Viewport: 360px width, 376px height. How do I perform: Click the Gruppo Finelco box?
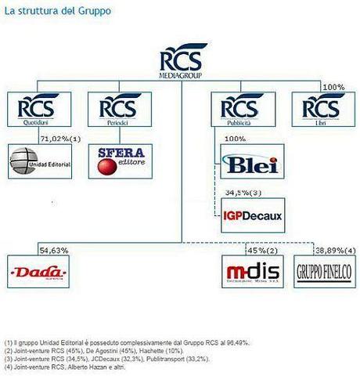coord(322,272)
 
